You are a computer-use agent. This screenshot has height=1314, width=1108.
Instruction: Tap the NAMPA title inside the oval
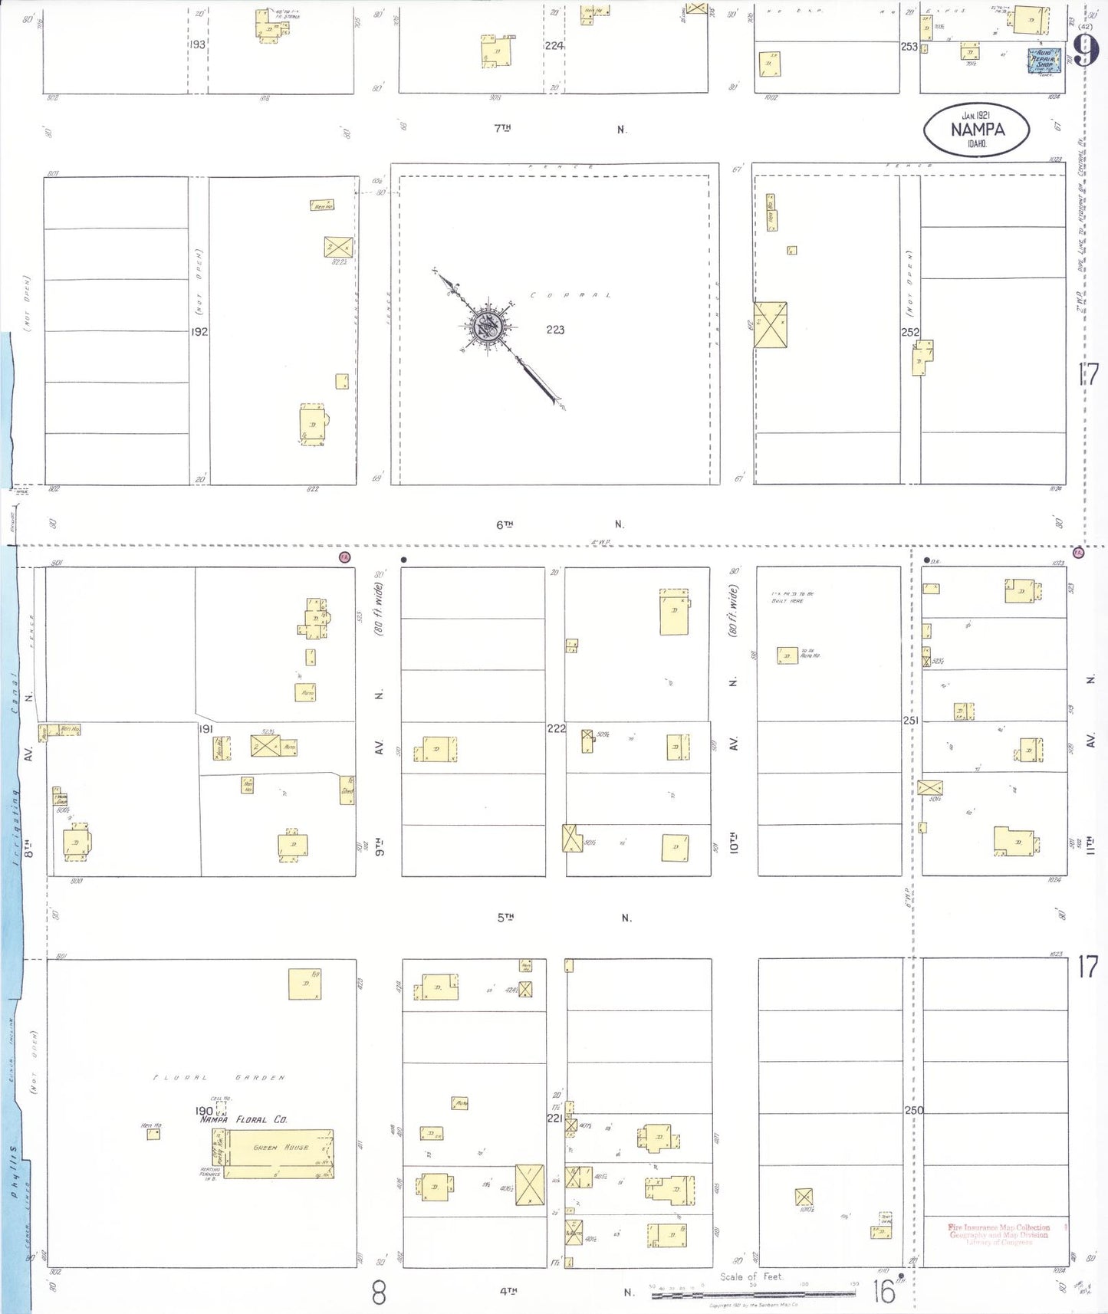click(x=977, y=130)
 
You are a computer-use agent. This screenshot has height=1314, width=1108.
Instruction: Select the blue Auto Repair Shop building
click(x=1043, y=61)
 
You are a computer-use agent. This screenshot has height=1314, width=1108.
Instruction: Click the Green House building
click(x=280, y=1153)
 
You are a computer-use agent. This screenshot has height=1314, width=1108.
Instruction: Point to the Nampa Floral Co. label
click(x=244, y=1120)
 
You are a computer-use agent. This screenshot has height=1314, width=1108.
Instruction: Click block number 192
click(x=199, y=332)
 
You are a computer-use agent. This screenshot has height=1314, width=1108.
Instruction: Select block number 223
click(x=555, y=330)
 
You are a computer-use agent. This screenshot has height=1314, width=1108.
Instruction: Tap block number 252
click(x=910, y=332)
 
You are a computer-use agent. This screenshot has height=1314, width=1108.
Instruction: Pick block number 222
click(x=556, y=728)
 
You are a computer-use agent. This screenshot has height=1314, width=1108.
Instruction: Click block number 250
click(x=913, y=1110)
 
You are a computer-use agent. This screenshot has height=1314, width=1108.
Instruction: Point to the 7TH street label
click(x=502, y=129)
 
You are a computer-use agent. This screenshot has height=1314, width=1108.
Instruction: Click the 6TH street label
click(x=504, y=525)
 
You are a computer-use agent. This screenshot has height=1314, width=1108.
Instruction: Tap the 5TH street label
click(x=505, y=918)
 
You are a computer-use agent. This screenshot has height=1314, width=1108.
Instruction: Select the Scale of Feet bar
click(x=753, y=1294)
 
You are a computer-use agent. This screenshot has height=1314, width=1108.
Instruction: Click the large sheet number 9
click(x=1084, y=51)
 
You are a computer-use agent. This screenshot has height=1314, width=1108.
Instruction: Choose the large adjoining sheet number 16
click(x=883, y=1292)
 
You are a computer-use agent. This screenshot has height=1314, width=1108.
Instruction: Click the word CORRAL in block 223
click(x=570, y=295)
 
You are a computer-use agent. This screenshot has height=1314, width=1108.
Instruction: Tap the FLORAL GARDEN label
click(x=219, y=1078)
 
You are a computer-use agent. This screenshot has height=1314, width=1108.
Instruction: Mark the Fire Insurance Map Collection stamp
click(x=998, y=1234)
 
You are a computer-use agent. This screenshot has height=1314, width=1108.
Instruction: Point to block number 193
click(x=198, y=44)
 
